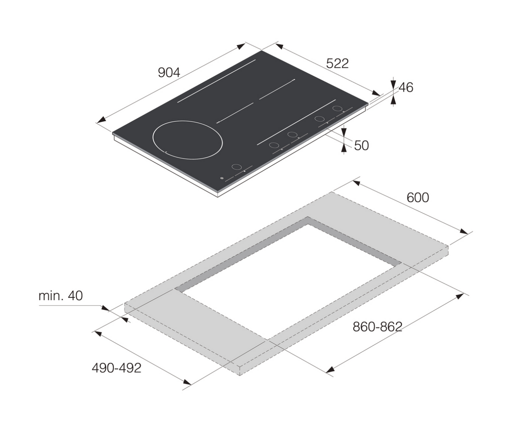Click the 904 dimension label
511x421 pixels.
(x=169, y=73)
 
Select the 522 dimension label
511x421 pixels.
(x=337, y=64)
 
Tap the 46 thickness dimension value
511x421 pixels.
(x=406, y=87)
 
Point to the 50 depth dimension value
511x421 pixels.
(x=362, y=146)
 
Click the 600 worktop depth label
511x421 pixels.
(x=418, y=198)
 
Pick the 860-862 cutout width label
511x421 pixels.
(x=378, y=327)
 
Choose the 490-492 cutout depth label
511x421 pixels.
(x=117, y=368)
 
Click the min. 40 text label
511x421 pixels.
(x=61, y=296)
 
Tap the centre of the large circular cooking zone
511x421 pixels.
(x=188, y=140)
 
